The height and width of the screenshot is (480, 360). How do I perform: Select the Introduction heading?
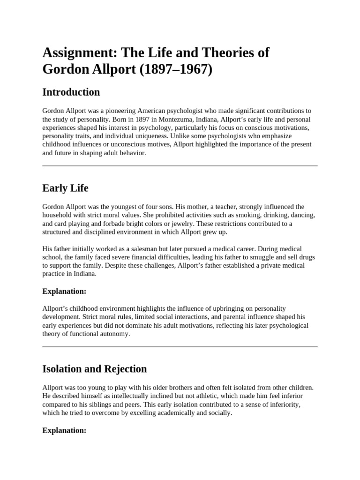tap(71, 92)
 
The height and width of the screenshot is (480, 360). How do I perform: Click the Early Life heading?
tap(65, 188)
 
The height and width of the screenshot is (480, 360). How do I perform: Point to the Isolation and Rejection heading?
tap(94, 369)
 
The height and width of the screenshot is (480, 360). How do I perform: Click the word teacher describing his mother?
tap(227, 207)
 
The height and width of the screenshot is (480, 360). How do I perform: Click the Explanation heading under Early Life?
tap(64, 292)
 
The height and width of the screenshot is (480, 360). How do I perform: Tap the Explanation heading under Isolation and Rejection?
tap(64, 430)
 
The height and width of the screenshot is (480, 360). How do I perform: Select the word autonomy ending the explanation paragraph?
tap(115, 334)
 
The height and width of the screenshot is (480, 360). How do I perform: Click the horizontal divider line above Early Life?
tap(180, 165)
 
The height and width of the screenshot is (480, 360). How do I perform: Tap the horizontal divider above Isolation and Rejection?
tap(180, 346)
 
